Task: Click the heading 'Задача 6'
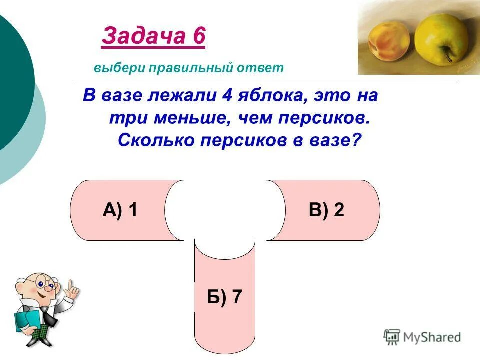click(153, 37)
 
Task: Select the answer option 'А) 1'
click(120, 211)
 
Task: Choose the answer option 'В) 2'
click(326, 211)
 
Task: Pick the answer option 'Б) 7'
click(224, 297)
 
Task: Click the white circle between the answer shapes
click(224, 210)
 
